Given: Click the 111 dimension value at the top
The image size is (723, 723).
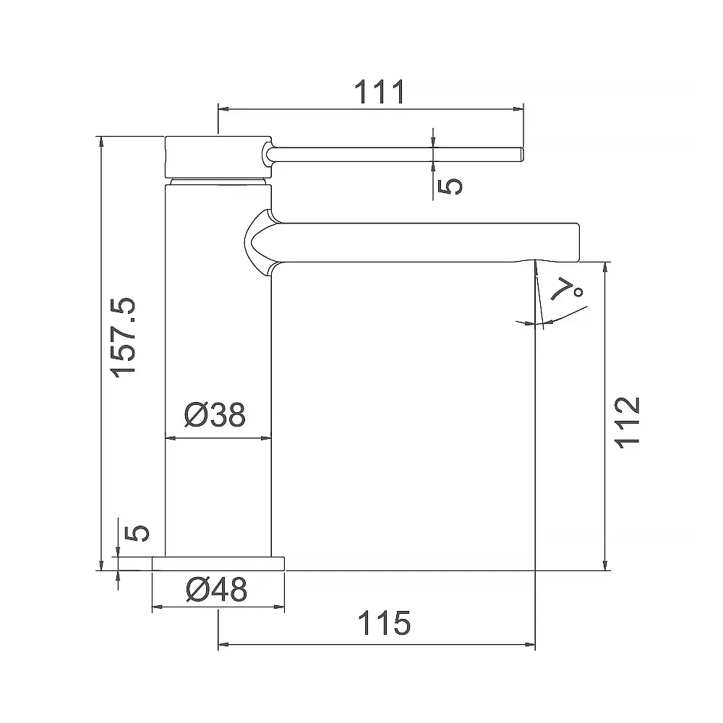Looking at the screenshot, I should pyautogui.click(x=378, y=93).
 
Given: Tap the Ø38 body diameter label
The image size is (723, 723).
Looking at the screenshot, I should pyautogui.click(x=215, y=415).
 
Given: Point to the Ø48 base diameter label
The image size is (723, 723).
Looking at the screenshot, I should pyautogui.click(x=216, y=591).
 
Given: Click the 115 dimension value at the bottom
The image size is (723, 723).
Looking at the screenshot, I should pyautogui.click(x=383, y=623).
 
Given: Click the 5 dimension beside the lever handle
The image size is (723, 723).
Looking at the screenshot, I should pyautogui.click(x=450, y=185).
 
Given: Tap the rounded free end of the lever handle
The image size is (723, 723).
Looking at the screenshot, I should pyautogui.click(x=519, y=154).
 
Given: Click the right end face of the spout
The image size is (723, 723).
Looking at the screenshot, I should pyautogui.click(x=578, y=241).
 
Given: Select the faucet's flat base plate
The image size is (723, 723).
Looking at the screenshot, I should pyautogui.click(x=219, y=563).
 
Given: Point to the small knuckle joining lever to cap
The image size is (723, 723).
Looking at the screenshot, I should pyautogui.click(x=268, y=153).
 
